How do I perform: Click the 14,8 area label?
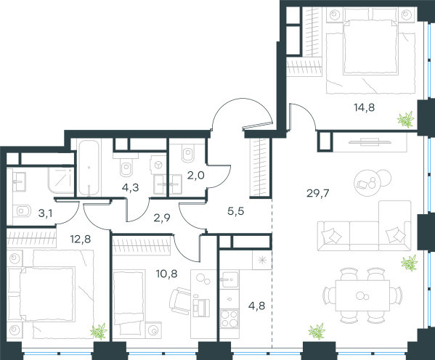click(x=365, y=107)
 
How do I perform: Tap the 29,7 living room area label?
click(x=317, y=193)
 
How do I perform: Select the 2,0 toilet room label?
click(x=195, y=176)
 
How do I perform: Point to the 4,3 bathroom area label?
click(x=130, y=187)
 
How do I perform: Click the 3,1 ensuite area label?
click(x=45, y=213)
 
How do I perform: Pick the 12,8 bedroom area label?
click(x=80, y=239)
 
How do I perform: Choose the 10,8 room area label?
click(x=166, y=274)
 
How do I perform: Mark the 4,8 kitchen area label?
click(x=256, y=306)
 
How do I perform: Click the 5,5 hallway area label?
click(x=235, y=211)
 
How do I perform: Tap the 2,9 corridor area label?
click(x=162, y=218)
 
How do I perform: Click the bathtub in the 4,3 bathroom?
click(x=89, y=168)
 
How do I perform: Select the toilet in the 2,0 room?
click(x=188, y=152)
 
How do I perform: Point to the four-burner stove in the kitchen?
click(x=229, y=319)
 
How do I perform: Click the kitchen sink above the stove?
click(x=229, y=279)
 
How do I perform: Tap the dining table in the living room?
click(x=362, y=295)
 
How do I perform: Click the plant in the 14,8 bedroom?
click(x=406, y=120)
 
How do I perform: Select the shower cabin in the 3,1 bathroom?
click(x=61, y=181)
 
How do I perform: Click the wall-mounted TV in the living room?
click(x=370, y=142)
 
